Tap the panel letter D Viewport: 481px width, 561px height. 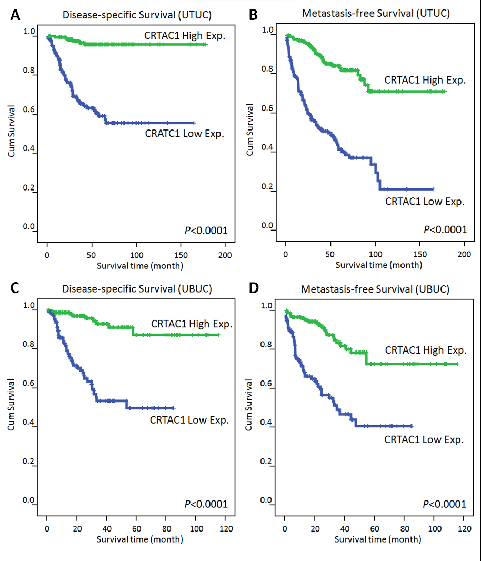(254, 288)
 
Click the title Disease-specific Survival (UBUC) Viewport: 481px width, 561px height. (137, 288)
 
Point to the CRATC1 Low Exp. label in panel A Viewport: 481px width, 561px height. (184, 134)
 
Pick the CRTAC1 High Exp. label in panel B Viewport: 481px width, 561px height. (425, 81)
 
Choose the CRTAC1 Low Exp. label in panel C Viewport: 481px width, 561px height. (189, 420)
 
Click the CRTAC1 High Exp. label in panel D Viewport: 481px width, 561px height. (425, 350)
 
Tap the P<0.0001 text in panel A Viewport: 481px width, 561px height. (206, 229)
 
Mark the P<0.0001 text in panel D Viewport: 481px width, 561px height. (444, 504)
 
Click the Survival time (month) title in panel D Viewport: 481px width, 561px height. (377, 539)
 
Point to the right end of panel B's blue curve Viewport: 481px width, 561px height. (433, 189)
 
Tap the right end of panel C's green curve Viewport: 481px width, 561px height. (219, 335)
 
